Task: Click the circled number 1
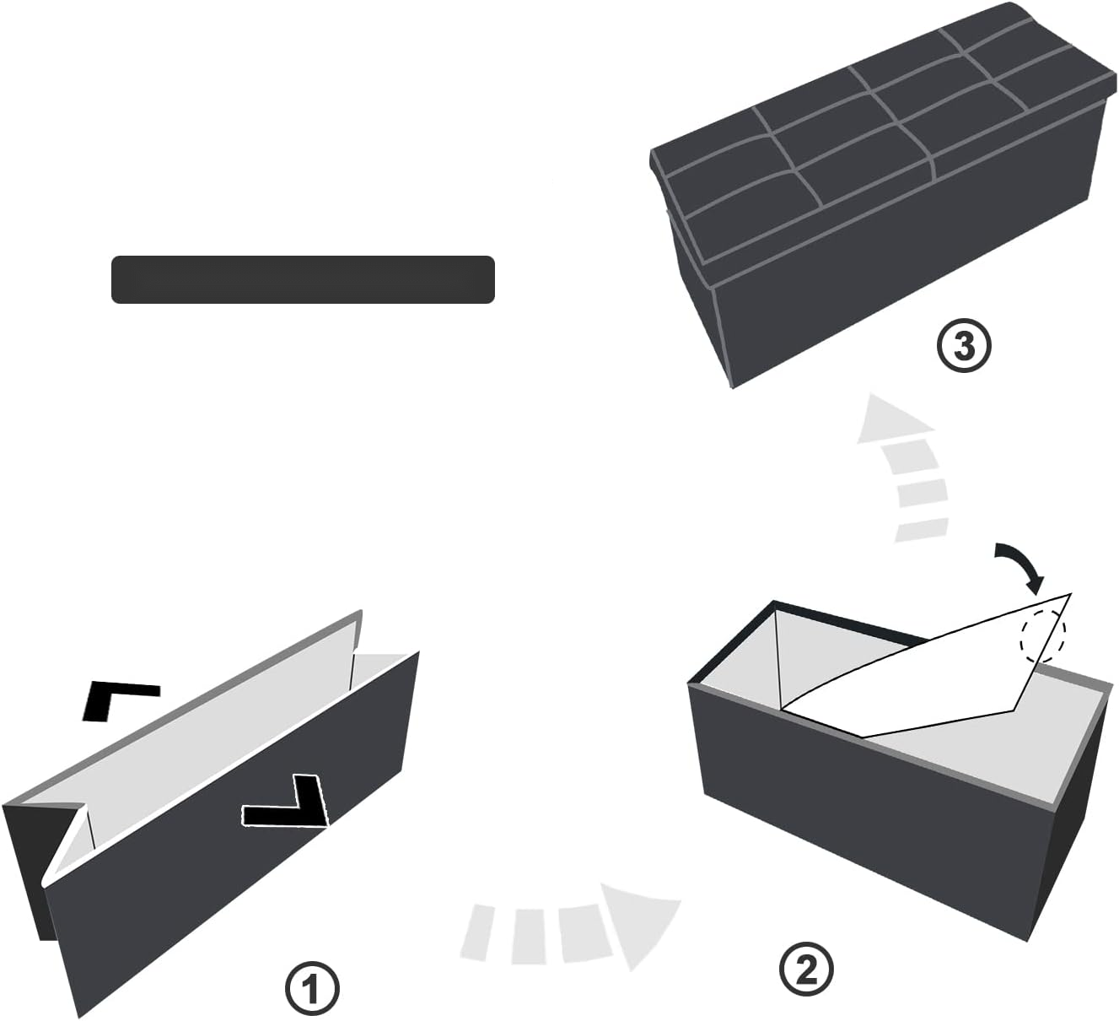(x=312, y=988)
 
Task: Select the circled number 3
(x=963, y=346)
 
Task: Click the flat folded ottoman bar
(x=303, y=279)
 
